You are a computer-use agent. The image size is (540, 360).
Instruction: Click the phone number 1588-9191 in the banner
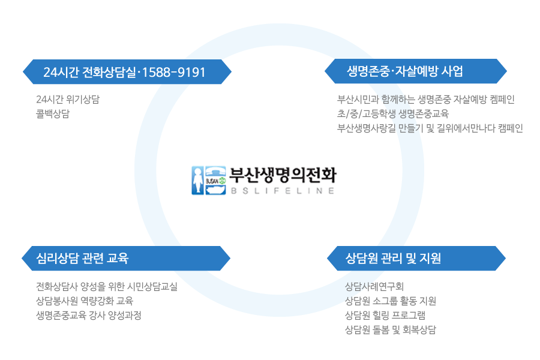click(173, 73)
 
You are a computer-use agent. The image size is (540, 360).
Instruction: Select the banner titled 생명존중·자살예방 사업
click(416, 71)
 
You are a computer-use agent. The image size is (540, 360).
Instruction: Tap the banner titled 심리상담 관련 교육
click(126, 259)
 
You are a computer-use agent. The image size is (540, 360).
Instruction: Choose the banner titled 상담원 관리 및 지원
click(416, 259)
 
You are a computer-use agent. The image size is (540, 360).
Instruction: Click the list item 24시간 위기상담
click(68, 99)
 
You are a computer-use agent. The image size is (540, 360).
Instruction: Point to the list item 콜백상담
click(53, 113)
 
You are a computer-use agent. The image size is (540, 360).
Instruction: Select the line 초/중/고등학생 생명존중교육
click(393, 113)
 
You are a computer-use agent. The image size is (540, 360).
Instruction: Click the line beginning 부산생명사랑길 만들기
click(430, 128)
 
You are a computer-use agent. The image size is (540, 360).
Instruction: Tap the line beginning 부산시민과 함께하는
click(426, 99)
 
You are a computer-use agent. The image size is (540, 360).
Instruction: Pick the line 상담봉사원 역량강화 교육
click(85, 301)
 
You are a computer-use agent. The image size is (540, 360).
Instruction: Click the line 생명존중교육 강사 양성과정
click(89, 315)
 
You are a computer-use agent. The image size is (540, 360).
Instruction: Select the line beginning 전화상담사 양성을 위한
click(107, 286)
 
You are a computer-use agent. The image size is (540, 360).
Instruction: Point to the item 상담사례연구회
click(374, 286)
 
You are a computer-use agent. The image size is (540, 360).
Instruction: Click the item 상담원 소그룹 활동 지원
click(391, 301)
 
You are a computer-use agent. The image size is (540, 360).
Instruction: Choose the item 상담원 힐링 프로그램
click(385, 315)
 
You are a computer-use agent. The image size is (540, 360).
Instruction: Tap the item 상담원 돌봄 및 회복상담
click(391, 329)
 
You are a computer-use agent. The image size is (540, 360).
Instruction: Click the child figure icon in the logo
click(197, 181)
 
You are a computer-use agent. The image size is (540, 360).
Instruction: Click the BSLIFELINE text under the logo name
click(283, 191)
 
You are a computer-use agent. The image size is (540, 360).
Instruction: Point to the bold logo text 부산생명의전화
click(283, 175)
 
